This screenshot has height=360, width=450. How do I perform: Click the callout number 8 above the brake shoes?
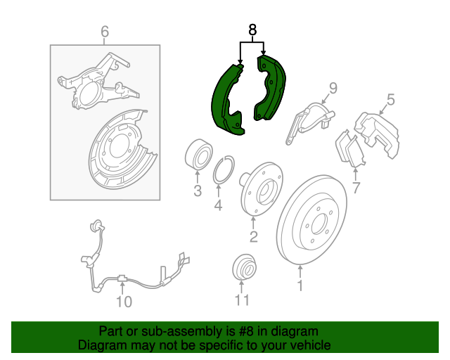tap(252, 30)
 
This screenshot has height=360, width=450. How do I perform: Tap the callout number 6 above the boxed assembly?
tap(105, 32)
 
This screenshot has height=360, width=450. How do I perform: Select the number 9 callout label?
tap(333, 88)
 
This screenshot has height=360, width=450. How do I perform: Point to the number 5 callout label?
tap(391, 99)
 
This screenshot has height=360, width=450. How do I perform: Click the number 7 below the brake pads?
tap(356, 188)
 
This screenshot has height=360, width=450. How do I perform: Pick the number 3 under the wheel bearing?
tap(198, 191)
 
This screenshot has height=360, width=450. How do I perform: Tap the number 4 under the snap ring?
tap(219, 205)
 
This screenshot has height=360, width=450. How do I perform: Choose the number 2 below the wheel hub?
tap(253, 236)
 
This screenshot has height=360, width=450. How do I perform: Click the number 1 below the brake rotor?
tap(300, 285)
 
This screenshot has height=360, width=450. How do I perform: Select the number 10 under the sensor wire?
tap(124, 302)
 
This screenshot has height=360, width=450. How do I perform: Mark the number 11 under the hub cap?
tap(242, 300)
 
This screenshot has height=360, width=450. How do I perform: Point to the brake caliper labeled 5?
tap(377, 134)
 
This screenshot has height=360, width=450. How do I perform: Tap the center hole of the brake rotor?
tap(319, 224)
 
